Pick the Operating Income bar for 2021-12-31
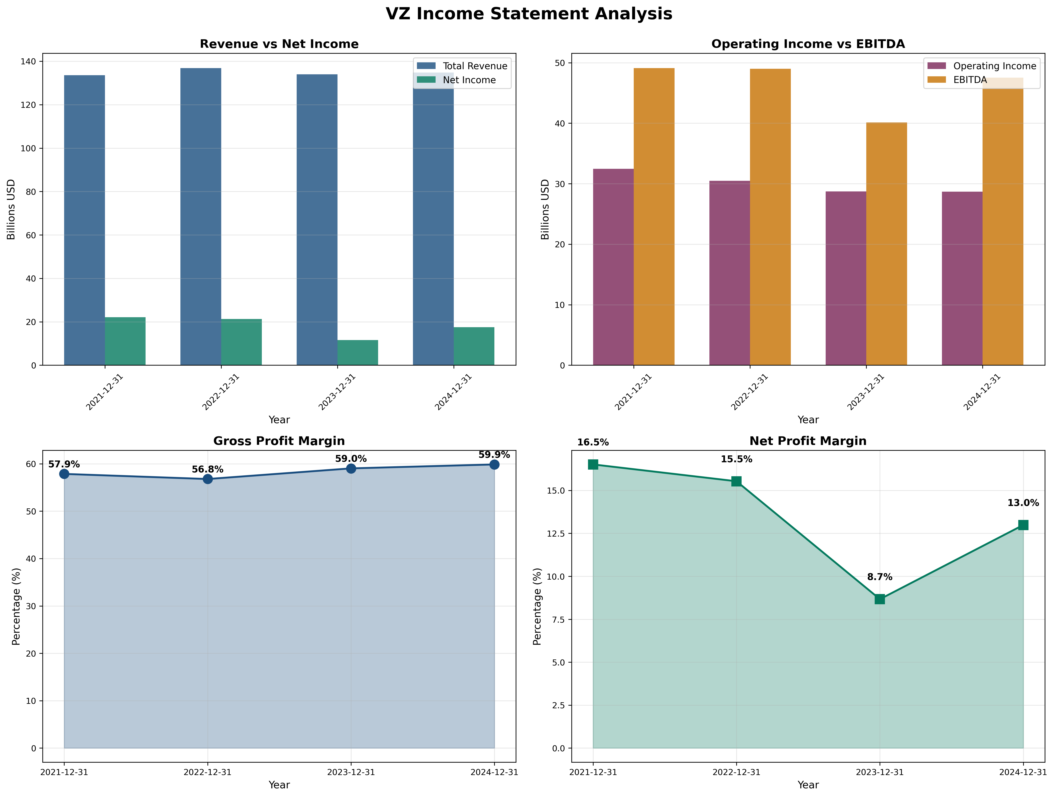tap(613, 267)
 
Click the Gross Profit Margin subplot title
tap(279, 441)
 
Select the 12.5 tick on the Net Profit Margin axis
tap(553, 533)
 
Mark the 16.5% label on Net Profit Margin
tap(593, 443)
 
